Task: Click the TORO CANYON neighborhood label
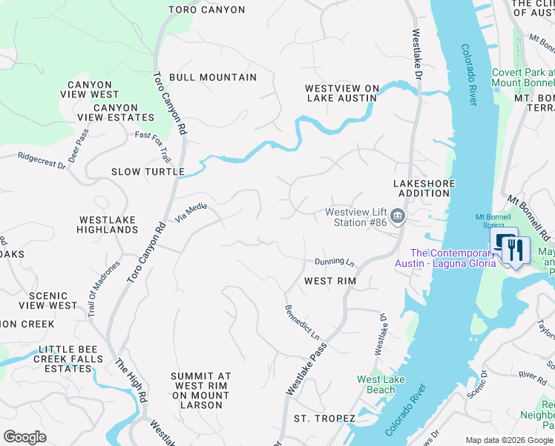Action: (x=206, y=10)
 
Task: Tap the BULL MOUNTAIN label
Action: (x=212, y=77)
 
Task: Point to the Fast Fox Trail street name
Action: (x=153, y=146)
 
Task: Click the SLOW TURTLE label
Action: (x=148, y=172)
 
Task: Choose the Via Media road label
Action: (x=191, y=211)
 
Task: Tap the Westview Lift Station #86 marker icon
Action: (x=398, y=216)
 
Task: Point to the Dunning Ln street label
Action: (x=335, y=262)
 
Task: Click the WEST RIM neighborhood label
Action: (x=330, y=282)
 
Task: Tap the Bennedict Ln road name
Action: (x=302, y=322)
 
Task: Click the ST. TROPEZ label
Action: (x=324, y=418)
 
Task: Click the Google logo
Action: (x=24, y=437)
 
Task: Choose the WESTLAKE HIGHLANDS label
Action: (x=108, y=224)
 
